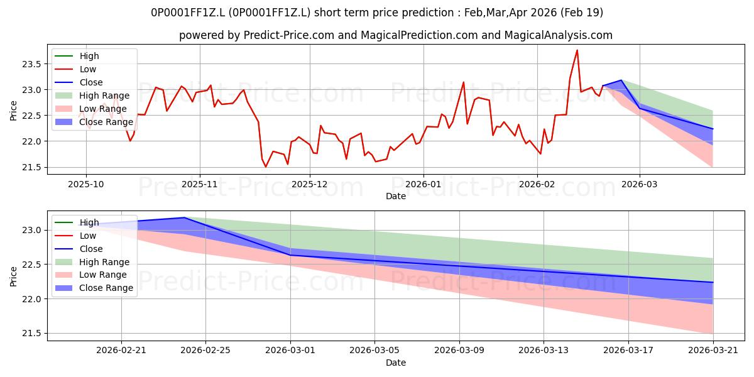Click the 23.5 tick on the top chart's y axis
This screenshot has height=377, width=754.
31,64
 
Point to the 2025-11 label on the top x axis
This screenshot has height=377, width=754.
200,185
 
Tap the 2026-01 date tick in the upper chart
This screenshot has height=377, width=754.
423,185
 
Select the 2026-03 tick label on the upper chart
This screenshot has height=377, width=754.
639,185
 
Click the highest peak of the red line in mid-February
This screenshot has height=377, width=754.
577,50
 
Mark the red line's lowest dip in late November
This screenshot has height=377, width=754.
266,167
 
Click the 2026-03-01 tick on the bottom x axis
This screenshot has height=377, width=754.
290,351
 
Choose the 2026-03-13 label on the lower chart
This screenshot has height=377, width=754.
544,351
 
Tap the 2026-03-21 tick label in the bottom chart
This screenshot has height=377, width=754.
713,351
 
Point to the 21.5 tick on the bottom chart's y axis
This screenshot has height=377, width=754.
31,333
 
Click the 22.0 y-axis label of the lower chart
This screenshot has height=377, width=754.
31,299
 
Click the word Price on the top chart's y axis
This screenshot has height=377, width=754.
13,111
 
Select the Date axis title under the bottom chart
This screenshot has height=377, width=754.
395,363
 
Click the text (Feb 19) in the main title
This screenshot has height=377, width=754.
582,13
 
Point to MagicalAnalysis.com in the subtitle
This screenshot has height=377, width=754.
558,35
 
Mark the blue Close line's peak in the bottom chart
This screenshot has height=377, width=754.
184,217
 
